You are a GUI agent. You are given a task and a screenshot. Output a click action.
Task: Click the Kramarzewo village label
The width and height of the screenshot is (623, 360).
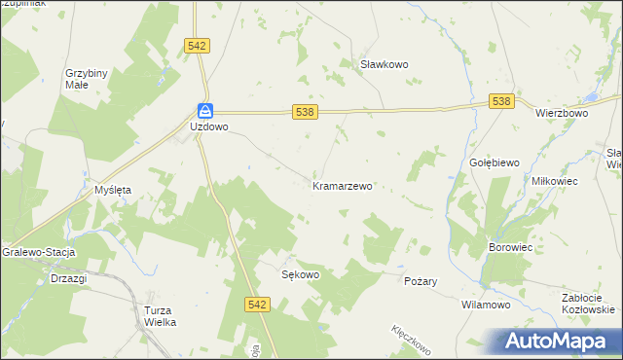342,185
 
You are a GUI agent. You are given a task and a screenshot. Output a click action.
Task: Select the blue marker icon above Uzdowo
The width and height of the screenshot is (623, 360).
205,111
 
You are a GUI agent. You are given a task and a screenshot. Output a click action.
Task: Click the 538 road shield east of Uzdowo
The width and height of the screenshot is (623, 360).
304,113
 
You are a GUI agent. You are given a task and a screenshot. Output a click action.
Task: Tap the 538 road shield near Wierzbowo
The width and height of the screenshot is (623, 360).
502,101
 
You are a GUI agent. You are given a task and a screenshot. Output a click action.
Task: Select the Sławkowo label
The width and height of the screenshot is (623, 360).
384,64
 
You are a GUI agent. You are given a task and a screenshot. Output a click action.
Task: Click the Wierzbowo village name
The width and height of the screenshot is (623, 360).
562,113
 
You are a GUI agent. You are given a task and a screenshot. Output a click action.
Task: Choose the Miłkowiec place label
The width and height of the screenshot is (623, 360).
555,182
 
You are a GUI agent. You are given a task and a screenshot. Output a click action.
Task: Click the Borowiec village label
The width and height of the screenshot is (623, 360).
509,248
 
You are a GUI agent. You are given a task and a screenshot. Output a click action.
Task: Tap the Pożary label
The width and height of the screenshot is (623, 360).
421,281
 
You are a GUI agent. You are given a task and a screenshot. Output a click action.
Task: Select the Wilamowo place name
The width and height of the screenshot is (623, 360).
486,305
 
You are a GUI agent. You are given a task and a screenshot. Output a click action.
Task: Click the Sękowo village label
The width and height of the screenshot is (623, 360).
300,274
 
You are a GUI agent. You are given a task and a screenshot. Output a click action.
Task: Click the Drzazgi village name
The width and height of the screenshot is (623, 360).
68,278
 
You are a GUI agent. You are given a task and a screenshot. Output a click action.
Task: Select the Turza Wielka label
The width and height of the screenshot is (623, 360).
153,315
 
